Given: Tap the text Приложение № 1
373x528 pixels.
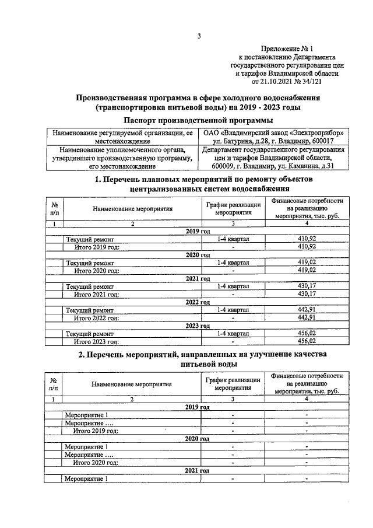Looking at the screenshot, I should click(287, 50).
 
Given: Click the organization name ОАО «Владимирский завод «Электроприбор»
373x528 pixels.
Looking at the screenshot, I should click(273, 133).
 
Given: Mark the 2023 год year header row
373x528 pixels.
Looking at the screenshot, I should click(198, 326).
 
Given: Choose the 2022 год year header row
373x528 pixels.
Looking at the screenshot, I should click(198, 302).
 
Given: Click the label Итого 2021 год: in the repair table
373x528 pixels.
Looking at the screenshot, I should click(96, 294).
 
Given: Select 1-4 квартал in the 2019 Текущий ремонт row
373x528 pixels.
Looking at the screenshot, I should click(233, 239).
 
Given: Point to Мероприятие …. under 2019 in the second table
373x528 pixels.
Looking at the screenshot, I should click(89, 422).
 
